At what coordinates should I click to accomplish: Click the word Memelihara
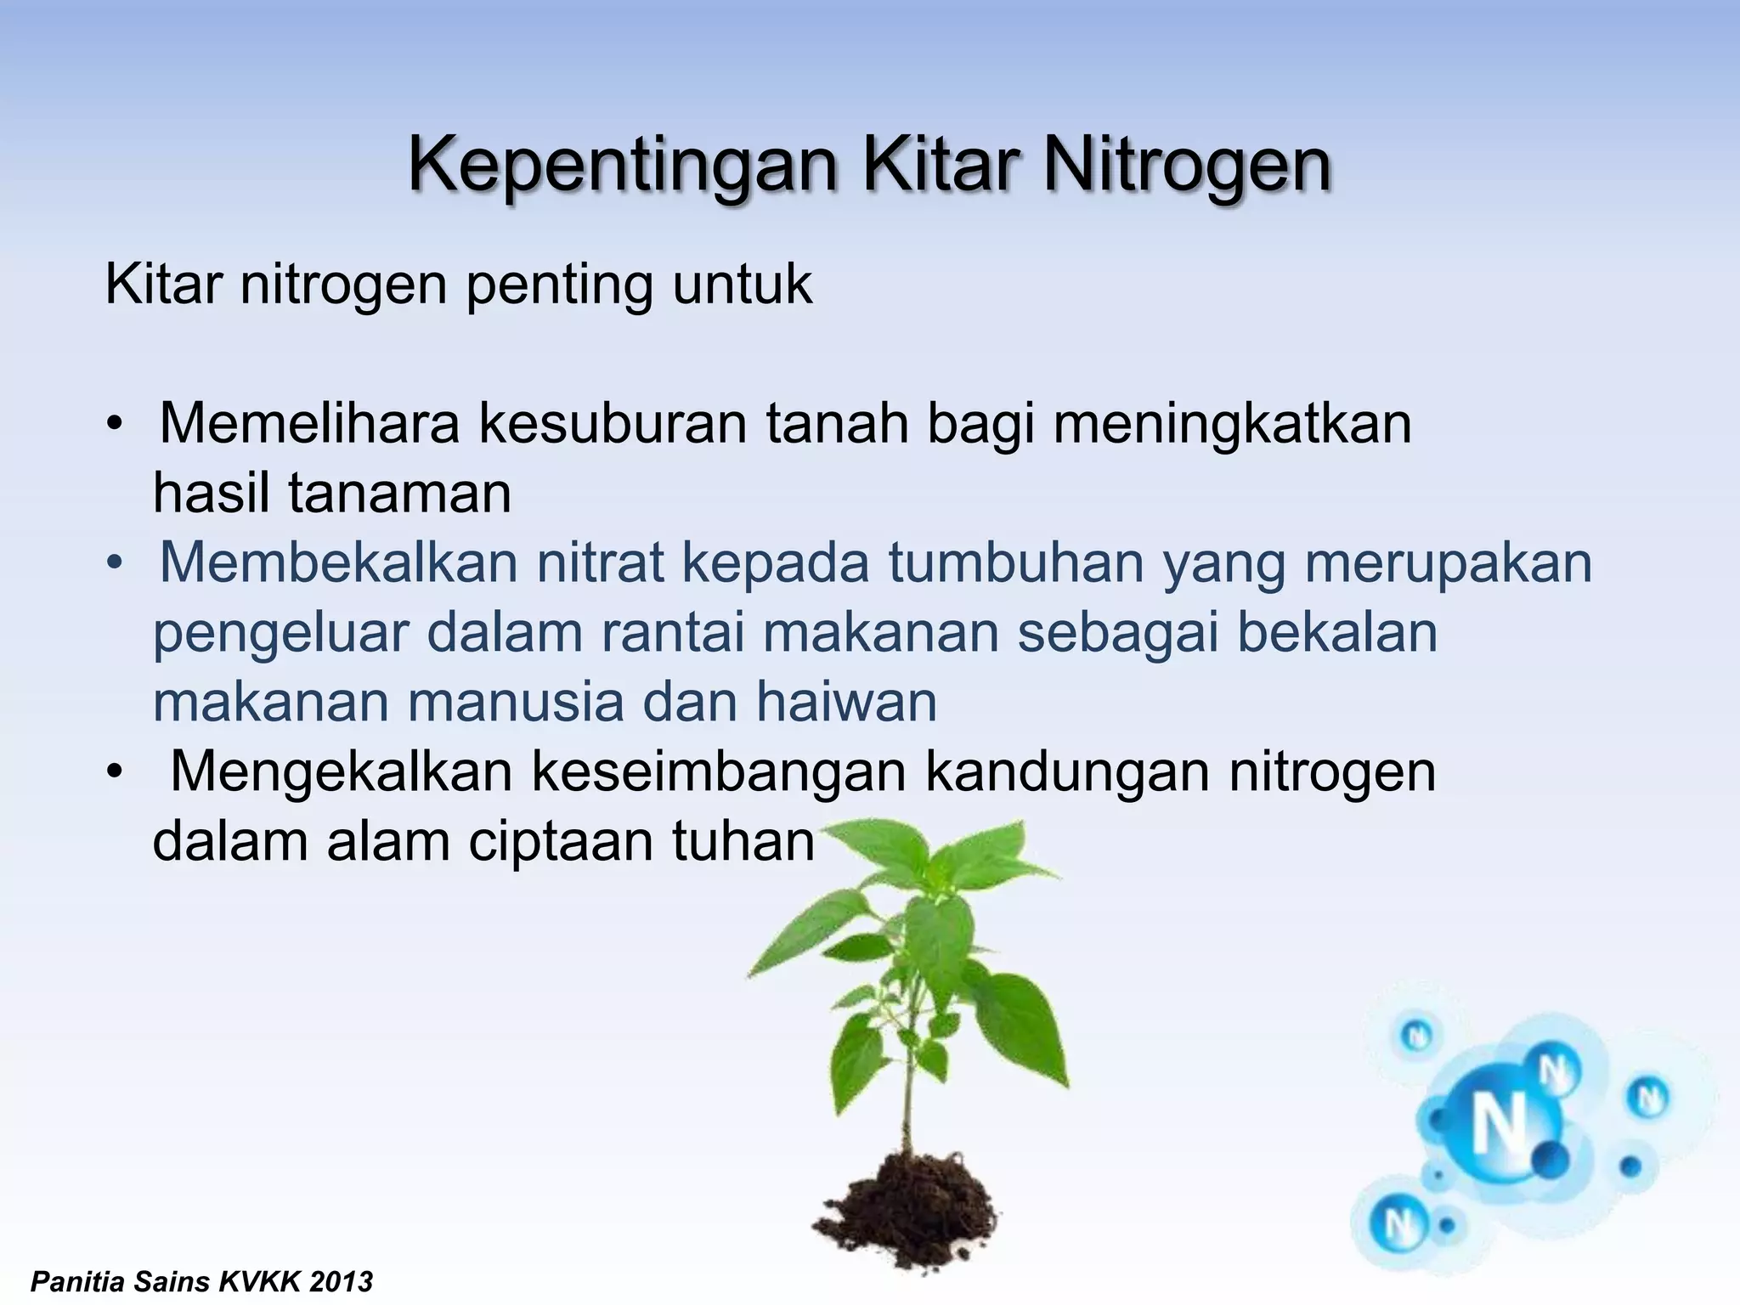(x=309, y=423)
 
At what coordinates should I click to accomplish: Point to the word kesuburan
(x=612, y=423)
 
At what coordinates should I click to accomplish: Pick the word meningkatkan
(x=1232, y=425)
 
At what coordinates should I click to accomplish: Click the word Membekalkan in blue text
(x=338, y=562)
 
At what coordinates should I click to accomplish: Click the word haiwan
(x=846, y=702)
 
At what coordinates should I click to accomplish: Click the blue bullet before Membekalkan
(x=116, y=564)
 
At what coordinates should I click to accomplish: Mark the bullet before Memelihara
(x=116, y=425)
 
